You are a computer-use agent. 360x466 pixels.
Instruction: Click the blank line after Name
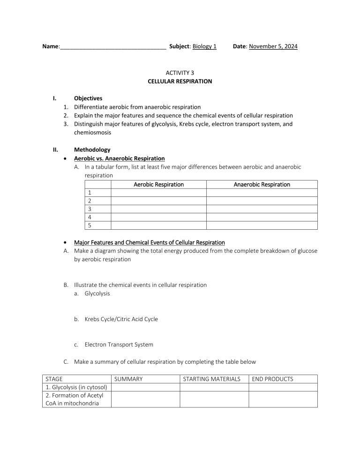[112, 47]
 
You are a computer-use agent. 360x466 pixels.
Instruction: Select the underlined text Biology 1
[204, 46]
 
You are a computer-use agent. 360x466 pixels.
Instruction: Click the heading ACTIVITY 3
[180, 73]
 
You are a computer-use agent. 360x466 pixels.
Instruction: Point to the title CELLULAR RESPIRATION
[180, 81]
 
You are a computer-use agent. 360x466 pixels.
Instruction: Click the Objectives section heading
[88, 98]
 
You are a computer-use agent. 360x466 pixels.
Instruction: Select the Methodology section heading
[92, 150]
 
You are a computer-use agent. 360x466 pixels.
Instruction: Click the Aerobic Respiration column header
[158, 185]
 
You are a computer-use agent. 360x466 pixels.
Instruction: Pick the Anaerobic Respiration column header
[262, 185]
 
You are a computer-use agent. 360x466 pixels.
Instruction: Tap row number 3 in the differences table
[89, 209]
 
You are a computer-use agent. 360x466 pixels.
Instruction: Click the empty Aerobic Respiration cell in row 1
[158, 193]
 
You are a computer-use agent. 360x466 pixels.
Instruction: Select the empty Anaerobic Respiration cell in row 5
[262, 225]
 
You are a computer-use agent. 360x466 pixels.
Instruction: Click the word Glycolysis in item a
[97, 293]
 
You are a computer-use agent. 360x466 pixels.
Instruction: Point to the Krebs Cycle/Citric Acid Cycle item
[121, 319]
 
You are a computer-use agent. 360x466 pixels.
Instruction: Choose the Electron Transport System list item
[119, 345]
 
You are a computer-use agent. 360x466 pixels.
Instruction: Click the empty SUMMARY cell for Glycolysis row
[145, 387]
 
